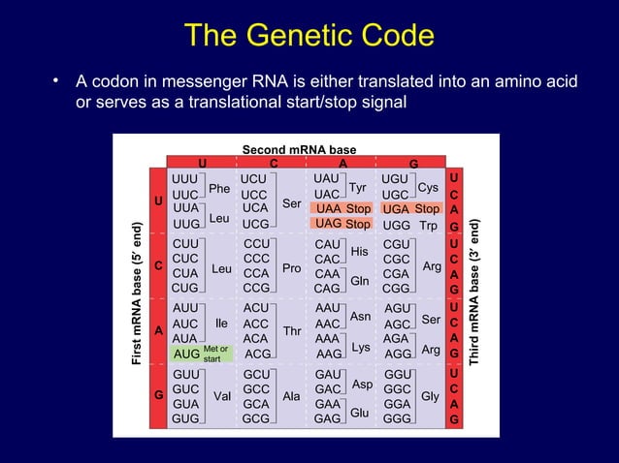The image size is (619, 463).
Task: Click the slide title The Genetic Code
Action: point(309,36)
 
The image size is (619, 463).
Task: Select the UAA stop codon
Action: point(328,208)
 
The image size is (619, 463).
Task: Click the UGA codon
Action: point(396,208)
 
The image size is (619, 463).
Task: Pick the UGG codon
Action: point(396,225)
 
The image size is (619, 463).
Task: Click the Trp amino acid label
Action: point(428,225)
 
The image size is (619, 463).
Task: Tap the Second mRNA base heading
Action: point(299,150)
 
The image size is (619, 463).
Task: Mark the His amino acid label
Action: point(360,252)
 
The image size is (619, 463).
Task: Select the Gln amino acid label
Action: point(360,281)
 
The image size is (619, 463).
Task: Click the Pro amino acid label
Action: point(292,266)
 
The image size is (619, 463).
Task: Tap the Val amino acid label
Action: point(221,395)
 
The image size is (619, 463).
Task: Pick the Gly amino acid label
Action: point(430,395)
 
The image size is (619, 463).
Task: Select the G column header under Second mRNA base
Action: point(413,163)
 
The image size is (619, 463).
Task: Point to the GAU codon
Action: point(328,374)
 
